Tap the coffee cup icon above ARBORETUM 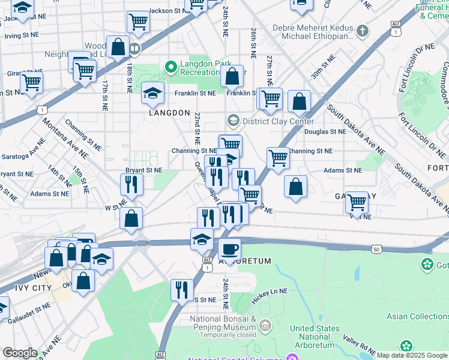click(x=229, y=249)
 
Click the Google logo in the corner click(x=20, y=353)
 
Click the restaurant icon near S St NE click(x=182, y=290)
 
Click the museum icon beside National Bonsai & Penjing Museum click(x=265, y=325)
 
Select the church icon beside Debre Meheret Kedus click(x=362, y=30)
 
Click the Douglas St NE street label click(x=325, y=131)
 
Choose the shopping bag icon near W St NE click(x=131, y=219)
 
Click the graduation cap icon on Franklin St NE click(x=153, y=92)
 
